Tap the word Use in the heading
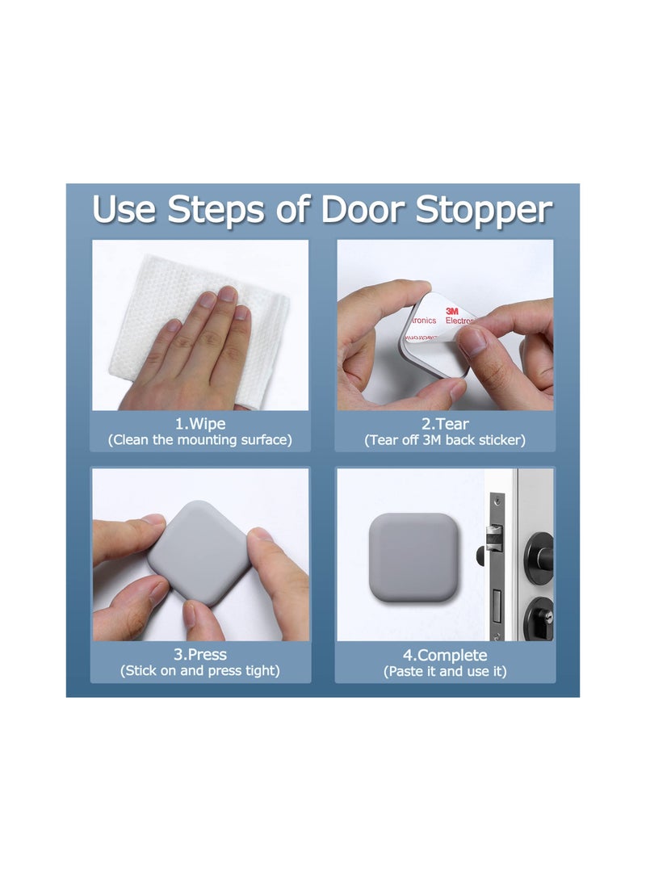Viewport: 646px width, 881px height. tap(124, 209)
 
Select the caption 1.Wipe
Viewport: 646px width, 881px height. tap(200, 424)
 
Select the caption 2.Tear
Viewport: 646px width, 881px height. tap(445, 424)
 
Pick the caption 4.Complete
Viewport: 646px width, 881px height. tap(445, 654)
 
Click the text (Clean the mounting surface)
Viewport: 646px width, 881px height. tap(200, 440)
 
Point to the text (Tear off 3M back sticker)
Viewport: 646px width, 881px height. tap(445, 440)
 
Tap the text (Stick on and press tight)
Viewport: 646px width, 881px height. tap(200, 671)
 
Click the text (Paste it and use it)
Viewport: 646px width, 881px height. tap(445, 671)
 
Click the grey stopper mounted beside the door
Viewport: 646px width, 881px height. tap(414, 557)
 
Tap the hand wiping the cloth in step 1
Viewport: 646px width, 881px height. tap(194, 355)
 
